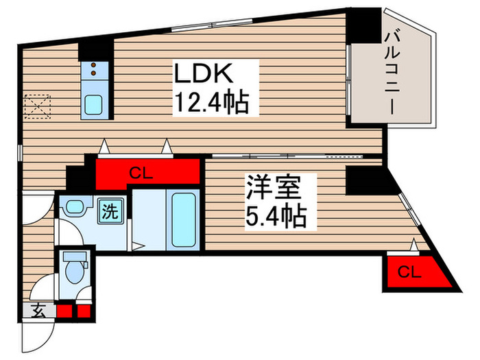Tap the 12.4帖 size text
(208, 104)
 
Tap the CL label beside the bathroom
(148, 173)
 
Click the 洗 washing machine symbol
(110, 211)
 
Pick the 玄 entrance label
(38, 311)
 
